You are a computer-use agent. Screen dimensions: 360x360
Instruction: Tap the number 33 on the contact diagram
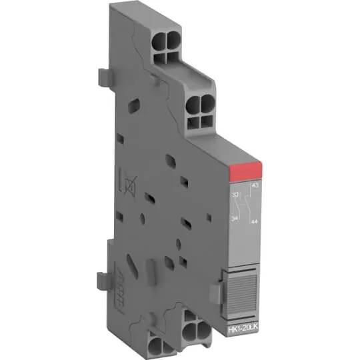pos(235,195)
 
